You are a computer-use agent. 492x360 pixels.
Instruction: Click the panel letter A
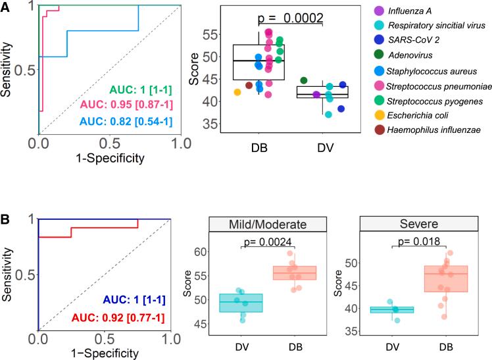point(6,7)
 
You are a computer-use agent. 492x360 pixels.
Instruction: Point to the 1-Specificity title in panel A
point(111,158)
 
